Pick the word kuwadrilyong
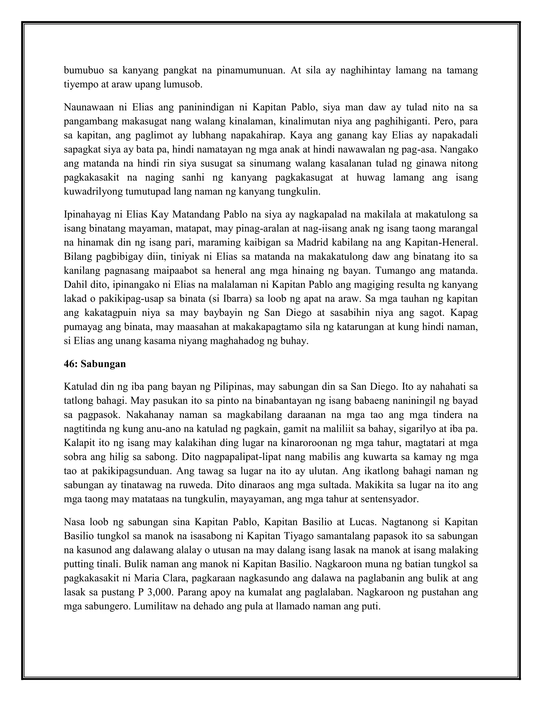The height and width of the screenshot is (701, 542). [93, 192]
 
